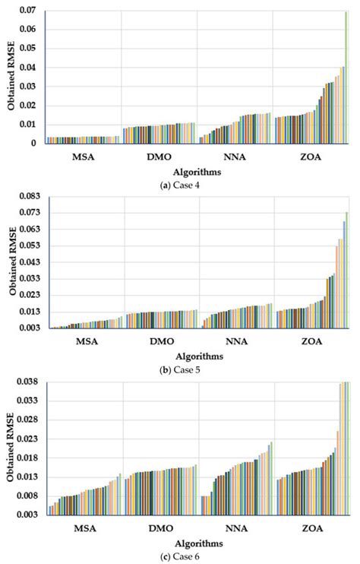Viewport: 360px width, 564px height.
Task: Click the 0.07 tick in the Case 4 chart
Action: [x=30, y=11]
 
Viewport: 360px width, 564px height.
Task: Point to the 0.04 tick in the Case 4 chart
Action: [x=30, y=68]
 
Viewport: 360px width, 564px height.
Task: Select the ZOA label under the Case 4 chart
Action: [x=311, y=159]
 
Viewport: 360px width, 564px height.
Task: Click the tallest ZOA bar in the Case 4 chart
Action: [x=346, y=77]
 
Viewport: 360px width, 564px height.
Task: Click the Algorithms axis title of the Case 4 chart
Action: [x=199, y=172]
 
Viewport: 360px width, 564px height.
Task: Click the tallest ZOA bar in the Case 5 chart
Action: [x=346, y=270]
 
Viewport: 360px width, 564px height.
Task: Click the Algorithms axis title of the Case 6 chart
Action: [x=199, y=543]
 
